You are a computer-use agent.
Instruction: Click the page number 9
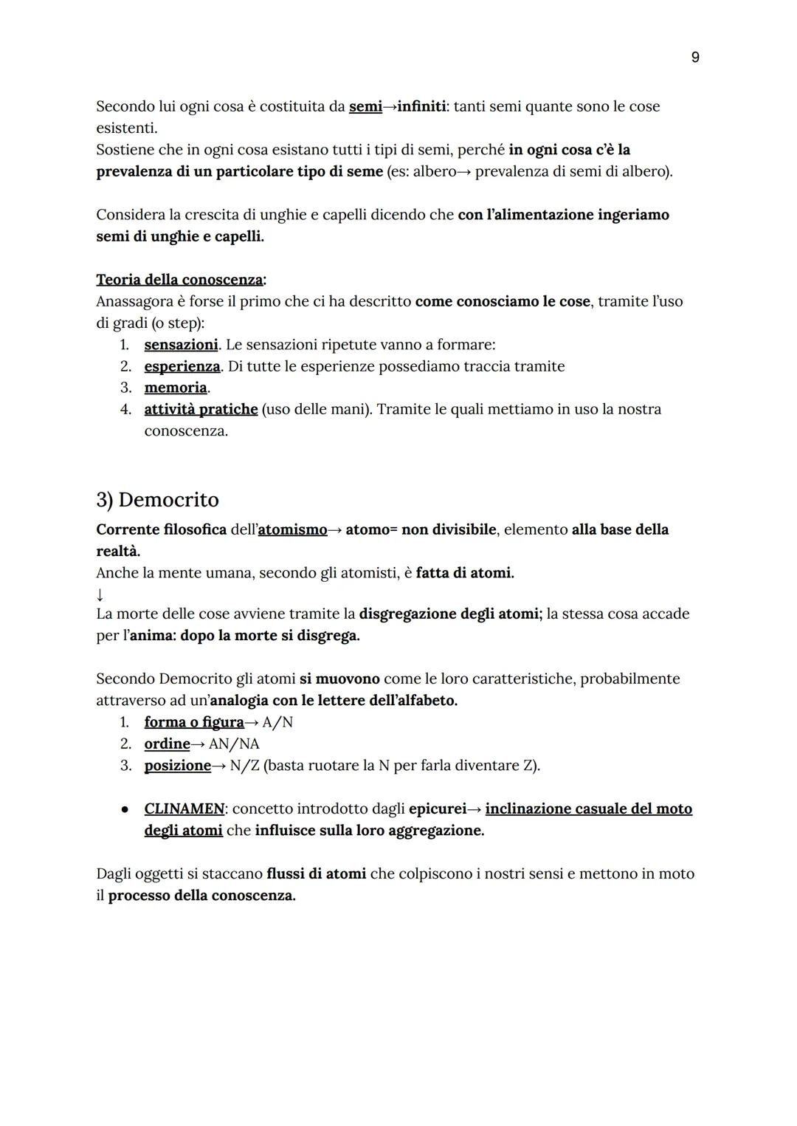694,58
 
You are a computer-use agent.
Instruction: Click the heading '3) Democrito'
157,500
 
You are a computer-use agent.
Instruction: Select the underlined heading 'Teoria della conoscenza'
179,280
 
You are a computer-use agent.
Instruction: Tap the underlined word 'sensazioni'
181,345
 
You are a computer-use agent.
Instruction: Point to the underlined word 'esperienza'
182,366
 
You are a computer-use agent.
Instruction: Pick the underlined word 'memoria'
176,388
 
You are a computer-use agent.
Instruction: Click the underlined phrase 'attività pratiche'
201,409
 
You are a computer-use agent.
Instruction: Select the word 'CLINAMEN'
184,809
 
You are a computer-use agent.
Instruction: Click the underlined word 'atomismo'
292,529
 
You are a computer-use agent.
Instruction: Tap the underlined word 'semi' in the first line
365,106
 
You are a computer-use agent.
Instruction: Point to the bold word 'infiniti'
421,106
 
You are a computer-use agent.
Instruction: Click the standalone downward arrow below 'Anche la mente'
100,594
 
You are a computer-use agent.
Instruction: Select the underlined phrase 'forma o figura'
193,722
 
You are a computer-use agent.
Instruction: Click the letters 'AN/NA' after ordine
234,744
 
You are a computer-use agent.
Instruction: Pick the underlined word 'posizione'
177,765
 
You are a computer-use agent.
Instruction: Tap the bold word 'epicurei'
437,809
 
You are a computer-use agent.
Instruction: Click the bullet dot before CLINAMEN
125,809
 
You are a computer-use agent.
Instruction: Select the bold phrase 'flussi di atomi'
316,873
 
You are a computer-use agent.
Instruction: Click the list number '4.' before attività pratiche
125,409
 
